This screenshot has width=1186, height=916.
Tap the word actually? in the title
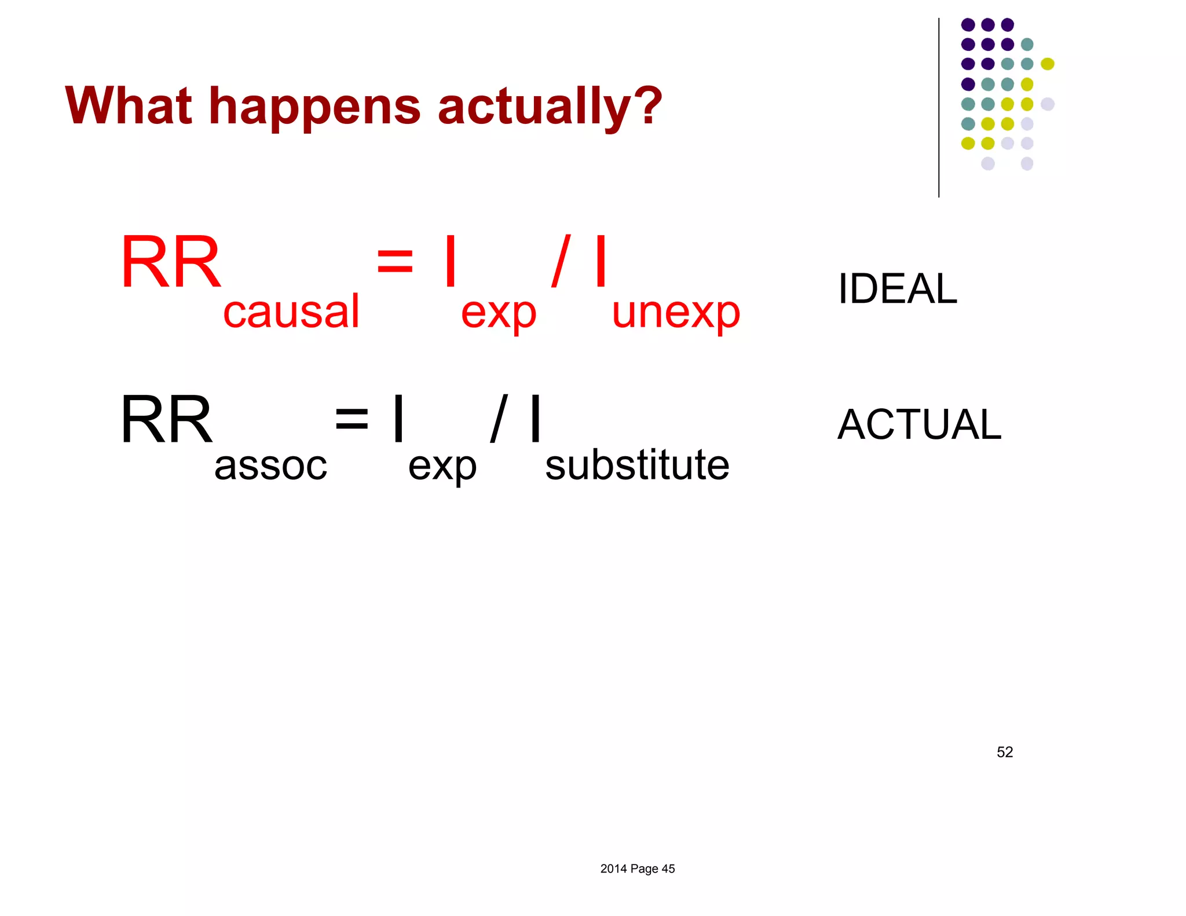coord(550,107)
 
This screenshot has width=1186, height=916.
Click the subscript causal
coord(291,312)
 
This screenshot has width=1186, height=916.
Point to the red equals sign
coord(394,261)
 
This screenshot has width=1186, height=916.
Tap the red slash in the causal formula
coord(561,261)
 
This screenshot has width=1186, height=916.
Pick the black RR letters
coord(167,419)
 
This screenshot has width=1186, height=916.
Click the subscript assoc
coord(270,466)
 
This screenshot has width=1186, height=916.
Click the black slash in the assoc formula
coord(499,418)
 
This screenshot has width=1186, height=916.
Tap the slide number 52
coord(1005,752)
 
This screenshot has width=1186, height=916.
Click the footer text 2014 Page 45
coord(637,869)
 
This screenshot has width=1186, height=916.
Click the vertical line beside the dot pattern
coord(939,107)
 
